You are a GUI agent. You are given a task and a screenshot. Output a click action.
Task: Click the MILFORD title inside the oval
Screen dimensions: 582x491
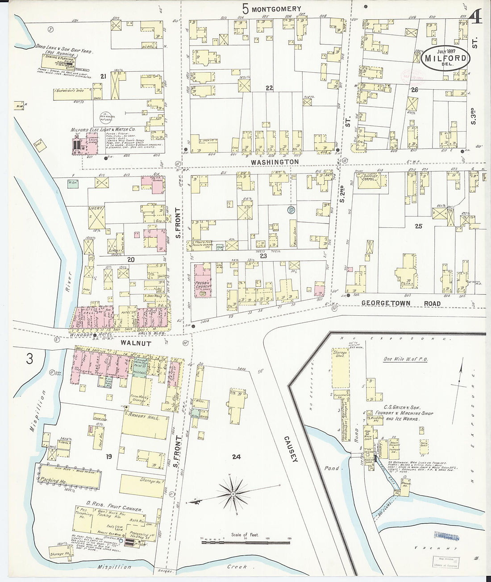[446, 58]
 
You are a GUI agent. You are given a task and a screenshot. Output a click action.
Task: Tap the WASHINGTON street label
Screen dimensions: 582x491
[274, 161]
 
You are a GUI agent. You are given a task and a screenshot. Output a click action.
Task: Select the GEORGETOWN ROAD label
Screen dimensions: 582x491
[401, 304]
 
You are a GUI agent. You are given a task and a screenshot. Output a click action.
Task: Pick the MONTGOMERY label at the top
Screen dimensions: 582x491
[276, 8]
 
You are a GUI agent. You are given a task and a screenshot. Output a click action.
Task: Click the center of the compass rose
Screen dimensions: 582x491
[233, 495]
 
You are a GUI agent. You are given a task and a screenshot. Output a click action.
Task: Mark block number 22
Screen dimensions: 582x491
[269, 88]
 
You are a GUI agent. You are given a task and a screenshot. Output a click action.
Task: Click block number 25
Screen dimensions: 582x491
[418, 226]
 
